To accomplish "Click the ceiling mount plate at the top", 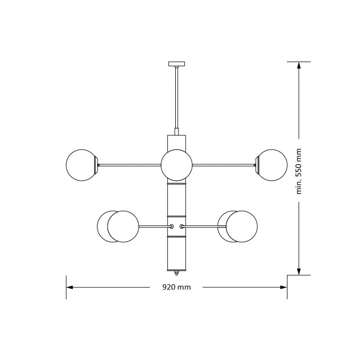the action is pos(176,64).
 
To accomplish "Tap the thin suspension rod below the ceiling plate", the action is pos(176,98).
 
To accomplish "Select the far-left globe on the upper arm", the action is pos(82,165).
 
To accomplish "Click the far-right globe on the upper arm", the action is pos(272,165).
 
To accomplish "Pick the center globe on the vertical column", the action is pos(176,165).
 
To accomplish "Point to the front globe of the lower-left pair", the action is pos(123,226).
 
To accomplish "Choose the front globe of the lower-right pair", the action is pos(241,226).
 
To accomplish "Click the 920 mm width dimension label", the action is pos(176,287).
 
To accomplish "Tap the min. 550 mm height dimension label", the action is pos(299,172).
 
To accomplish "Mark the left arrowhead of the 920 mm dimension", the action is pos(69,287).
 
